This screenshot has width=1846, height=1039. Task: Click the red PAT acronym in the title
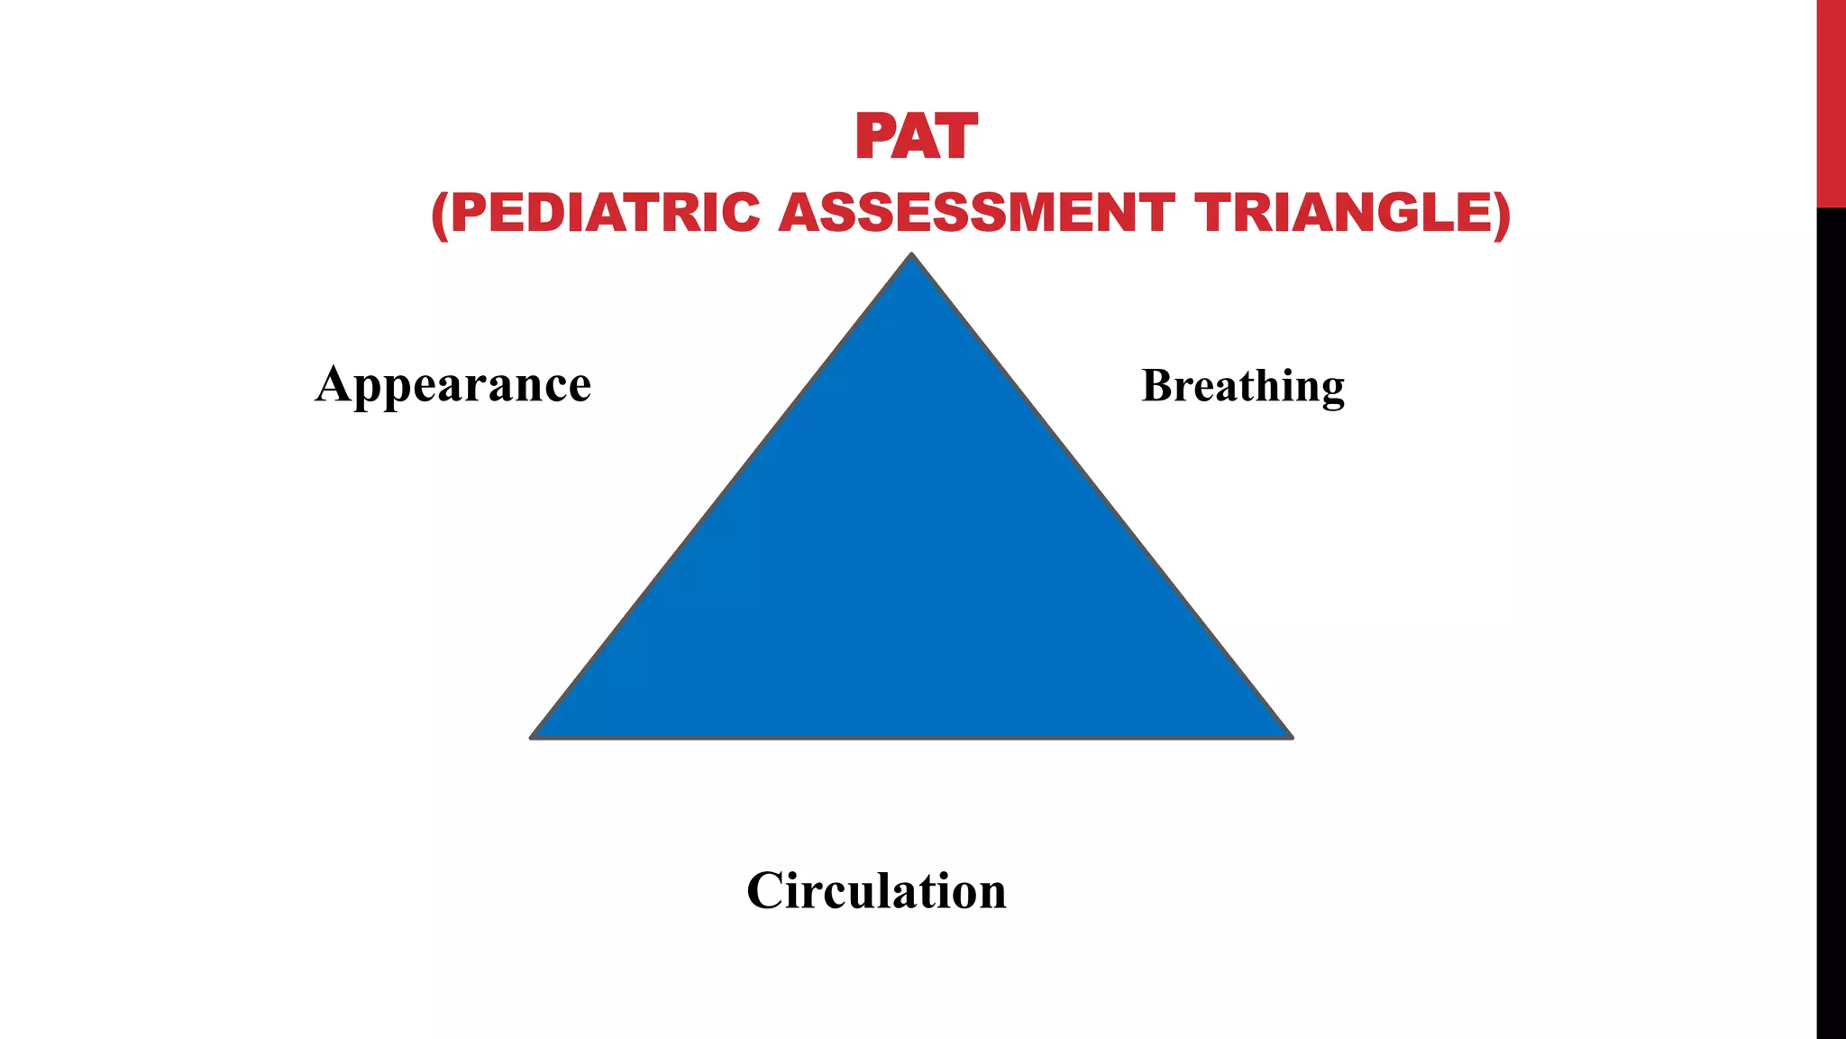[x=916, y=137]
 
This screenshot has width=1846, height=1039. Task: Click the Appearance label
[x=453, y=385]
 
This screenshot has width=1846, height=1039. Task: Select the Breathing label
[x=1243, y=386]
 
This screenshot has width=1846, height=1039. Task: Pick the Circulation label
[x=876, y=891]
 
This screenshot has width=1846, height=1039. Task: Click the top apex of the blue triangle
[x=911, y=256]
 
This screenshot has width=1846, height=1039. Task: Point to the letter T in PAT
[x=956, y=137]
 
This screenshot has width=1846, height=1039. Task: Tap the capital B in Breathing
[x=1158, y=385]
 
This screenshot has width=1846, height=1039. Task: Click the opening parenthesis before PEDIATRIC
[x=440, y=215]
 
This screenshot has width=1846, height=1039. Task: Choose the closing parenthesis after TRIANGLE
[x=1502, y=215]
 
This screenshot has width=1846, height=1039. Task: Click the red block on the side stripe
[x=1831, y=104]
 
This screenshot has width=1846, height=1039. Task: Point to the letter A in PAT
[x=915, y=137]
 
